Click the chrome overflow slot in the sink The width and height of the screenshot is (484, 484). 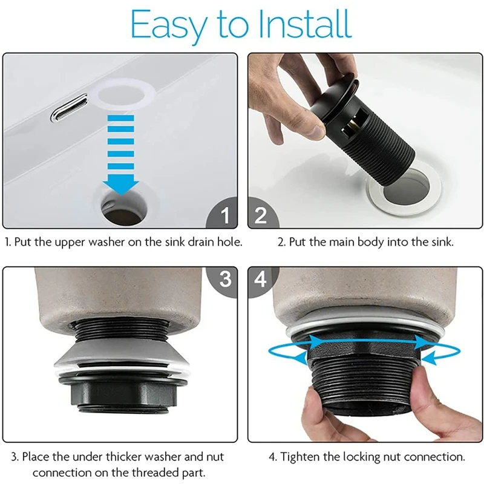[x=69, y=108]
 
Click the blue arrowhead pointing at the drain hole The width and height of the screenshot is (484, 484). [x=120, y=185]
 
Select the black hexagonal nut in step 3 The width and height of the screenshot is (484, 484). [x=123, y=391]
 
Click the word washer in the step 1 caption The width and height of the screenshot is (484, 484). [x=106, y=242]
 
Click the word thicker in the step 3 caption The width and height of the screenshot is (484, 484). [x=124, y=456]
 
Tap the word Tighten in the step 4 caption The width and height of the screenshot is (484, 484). [x=299, y=457]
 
